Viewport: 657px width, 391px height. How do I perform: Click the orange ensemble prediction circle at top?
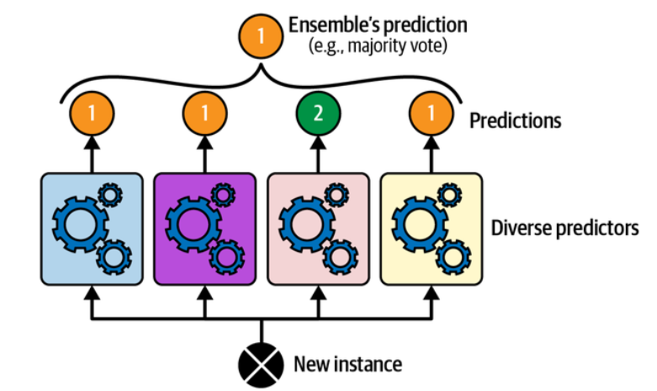tap(262, 36)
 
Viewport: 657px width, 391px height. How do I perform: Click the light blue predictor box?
tap(92, 228)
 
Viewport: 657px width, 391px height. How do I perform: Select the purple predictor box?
tap(205, 228)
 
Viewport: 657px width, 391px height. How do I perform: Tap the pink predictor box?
tap(319, 228)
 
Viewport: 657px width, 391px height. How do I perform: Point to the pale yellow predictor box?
tap(432, 228)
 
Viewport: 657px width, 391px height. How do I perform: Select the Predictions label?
tap(515, 120)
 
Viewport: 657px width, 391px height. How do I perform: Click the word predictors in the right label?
tap(599, 228)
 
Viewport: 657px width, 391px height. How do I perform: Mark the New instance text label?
tap(347, 365)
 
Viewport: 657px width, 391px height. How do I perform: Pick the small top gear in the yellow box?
tap(450, 195)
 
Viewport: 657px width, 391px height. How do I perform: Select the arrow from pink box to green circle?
tap(319, 153)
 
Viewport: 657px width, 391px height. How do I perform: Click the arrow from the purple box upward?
tap(205, 153)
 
